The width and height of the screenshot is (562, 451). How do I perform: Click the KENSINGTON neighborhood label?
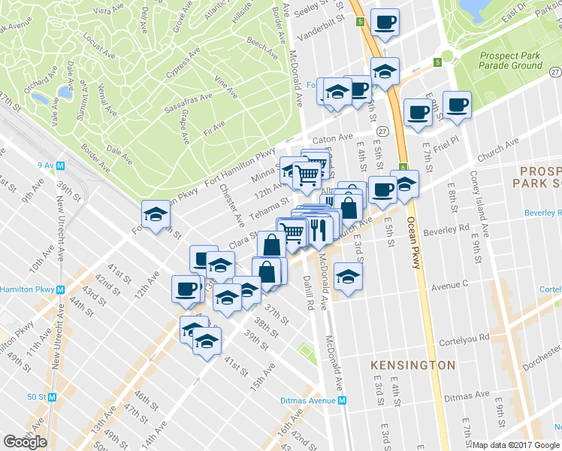[x=412, y=365]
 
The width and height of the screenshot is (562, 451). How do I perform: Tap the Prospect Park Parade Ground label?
[x=510, y=60]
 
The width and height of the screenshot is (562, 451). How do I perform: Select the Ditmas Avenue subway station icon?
[x=343, y=401]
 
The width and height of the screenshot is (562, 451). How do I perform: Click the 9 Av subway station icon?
[x=59, y=165]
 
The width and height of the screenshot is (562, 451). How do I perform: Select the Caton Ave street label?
[x=332, y=139]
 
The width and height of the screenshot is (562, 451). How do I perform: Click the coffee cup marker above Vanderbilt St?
[x=385, y=22]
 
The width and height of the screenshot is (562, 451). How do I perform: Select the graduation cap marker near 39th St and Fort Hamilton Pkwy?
[x=155, y=214]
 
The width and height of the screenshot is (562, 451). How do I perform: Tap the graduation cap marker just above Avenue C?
[x=347, y=277]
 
